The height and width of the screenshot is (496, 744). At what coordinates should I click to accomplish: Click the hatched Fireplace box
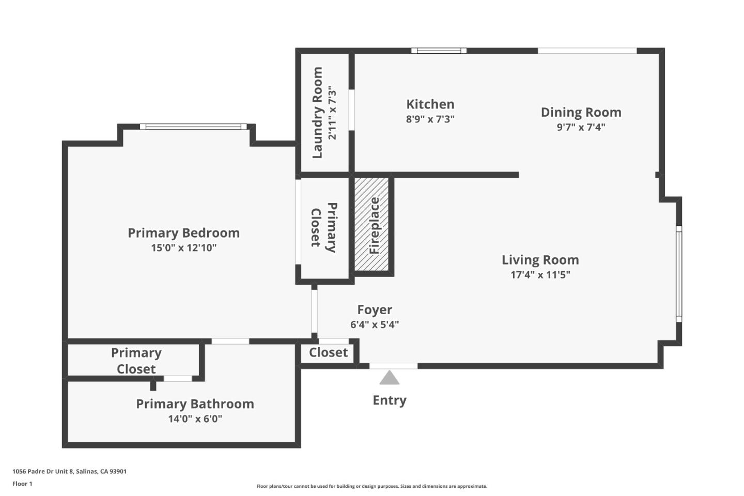click(x=371, y=225)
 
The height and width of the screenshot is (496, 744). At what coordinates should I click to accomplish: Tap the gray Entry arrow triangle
click(x=389, y=378)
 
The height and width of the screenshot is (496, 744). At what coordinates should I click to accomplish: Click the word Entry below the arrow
click(x=389, y=400)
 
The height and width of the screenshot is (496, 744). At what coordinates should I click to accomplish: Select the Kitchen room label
click(x=430, y=104)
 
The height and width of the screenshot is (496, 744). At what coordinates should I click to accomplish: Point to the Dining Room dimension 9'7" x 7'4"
click(x=581, y=127)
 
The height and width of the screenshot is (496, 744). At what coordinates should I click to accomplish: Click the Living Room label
click(x=540, y=260)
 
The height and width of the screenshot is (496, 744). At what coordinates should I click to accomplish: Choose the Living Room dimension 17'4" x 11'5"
click(x=540, y=275)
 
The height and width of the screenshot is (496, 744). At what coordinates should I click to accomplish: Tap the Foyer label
click(x=375, y=310)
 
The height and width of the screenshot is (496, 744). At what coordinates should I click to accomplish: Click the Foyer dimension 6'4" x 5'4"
click(x=375, y=325)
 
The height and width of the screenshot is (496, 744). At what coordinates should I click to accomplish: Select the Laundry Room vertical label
click(x=317, y=113)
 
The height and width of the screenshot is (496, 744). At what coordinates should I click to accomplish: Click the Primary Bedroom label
click(x=183, y=233)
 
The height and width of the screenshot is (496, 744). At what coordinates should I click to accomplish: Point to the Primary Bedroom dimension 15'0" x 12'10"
click(x=183, y=248)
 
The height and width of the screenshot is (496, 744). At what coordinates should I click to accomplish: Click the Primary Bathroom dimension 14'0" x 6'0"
click(x=195, y=419)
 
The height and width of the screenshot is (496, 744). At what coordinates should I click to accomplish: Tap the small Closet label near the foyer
click(x=328, y=353)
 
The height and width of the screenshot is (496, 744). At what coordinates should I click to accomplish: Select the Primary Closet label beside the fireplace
click(x=324, y=227)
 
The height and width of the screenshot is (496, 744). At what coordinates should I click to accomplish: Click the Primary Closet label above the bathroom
click(x=136, y=361)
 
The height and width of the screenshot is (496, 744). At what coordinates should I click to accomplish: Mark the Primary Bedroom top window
click(x=193, y=127)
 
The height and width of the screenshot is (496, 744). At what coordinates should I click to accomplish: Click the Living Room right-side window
click(x=679, y=274)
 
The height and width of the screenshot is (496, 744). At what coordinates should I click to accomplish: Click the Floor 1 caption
click(x=22, y=484)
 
